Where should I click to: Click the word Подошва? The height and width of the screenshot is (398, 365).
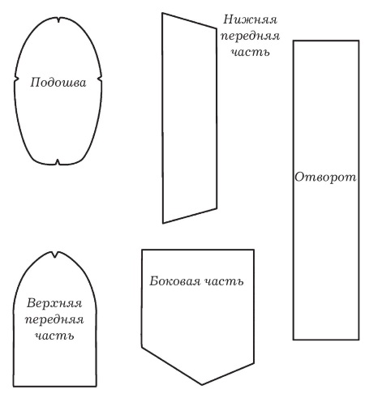[58, 83]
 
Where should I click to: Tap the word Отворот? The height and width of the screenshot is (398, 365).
[325, 178]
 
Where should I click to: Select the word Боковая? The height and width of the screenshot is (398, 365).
[175, 281]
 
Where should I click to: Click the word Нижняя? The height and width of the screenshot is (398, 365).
[250, 19]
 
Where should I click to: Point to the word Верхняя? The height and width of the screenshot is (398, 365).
[54, 303]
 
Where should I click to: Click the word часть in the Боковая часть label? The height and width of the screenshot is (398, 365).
[223, 282]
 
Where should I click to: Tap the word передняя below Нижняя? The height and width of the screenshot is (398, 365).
[250, 36]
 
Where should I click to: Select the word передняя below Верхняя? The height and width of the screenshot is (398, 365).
[54, 320]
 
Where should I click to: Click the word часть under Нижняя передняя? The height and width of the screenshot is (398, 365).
[251, 52]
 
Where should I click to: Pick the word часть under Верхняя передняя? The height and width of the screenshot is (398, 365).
[54, 336]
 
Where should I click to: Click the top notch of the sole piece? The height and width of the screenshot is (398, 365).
[58, 20]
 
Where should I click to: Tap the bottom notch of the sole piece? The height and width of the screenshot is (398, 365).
[58, 161]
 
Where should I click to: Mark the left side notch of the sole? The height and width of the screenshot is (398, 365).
[17, 79]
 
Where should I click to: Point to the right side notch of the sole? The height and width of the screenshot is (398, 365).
[100, 79]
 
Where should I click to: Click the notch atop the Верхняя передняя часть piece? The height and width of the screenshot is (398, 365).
[55, 255]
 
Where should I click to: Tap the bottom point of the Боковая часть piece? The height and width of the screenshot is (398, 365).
[202, 384]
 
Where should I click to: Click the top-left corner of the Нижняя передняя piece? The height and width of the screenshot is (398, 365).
[162, 13]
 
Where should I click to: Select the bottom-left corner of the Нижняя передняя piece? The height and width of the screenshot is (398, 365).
[163, 223]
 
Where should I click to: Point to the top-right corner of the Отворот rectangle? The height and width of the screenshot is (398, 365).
[359, 41]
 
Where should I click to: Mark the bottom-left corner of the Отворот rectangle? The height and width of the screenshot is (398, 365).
[294, 340]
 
